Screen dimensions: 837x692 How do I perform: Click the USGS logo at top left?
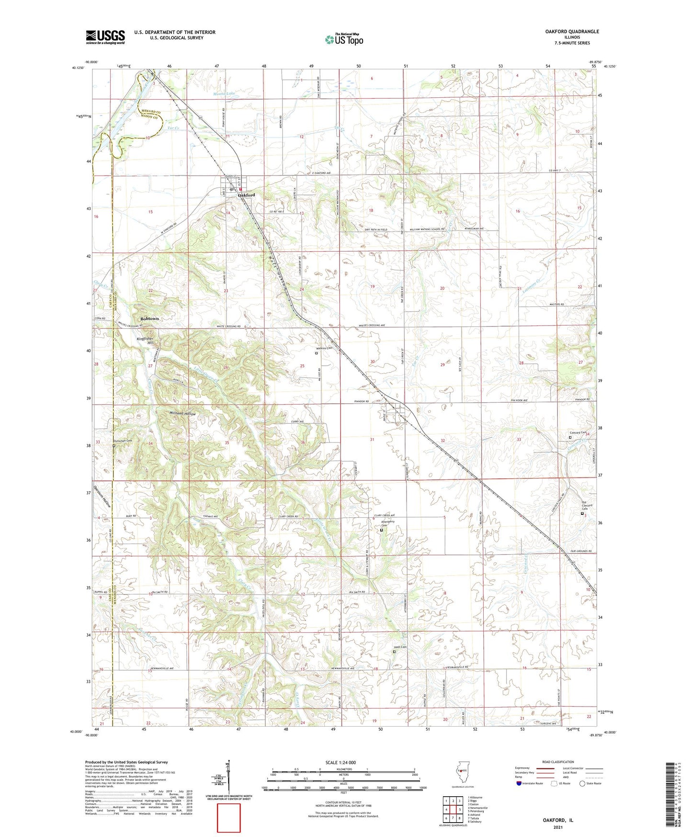coord(105,37)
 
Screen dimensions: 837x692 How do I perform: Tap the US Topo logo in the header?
coord(343,40)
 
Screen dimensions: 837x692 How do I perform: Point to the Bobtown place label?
coord(149,319)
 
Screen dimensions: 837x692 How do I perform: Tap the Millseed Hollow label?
coord(182,413)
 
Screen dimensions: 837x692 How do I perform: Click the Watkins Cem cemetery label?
coord(324,349)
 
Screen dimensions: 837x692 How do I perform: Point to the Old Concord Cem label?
coord(587,505)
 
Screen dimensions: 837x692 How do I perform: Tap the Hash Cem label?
coord(400,647)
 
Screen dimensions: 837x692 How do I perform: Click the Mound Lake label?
coord(224,94)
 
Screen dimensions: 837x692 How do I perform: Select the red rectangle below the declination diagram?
coord(229,818)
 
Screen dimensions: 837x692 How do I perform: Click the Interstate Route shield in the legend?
coord(520,783)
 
